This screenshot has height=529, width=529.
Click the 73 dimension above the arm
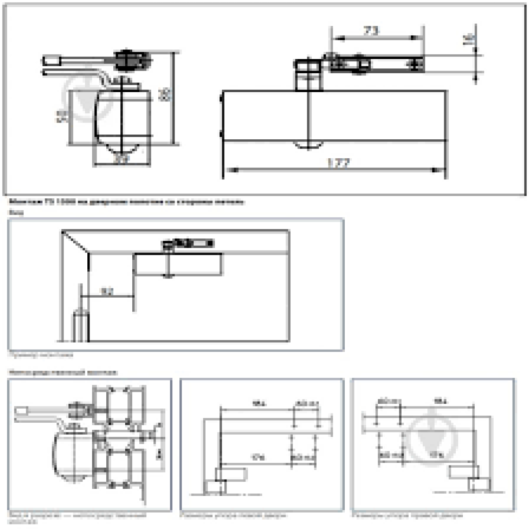[371, 31]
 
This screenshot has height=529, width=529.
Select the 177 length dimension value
[338, 164]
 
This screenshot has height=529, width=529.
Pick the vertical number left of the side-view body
[63, 116]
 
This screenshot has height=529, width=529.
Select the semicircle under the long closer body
[308, 145]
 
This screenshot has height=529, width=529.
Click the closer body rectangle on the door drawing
[178, 264]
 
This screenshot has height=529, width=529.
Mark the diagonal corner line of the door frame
[75, 241]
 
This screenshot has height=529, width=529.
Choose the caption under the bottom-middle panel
[233, 515]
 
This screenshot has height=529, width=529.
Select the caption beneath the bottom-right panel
[407, 515]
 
